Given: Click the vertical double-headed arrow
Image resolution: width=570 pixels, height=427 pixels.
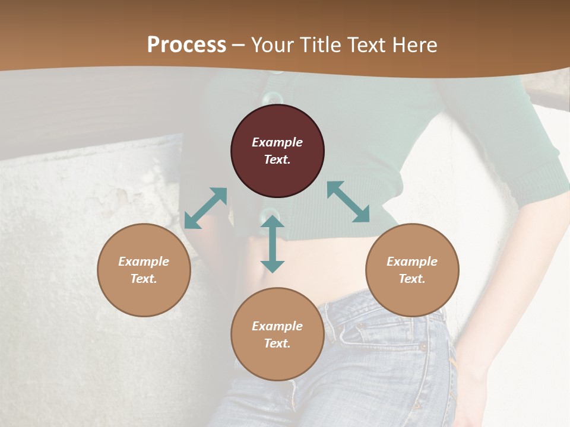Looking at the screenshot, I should click(x=273, y=244).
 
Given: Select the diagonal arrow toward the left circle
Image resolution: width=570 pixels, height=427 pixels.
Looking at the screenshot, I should click(x=205, y=208).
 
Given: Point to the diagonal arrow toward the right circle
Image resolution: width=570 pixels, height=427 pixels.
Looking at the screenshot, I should click(x=349, y=202).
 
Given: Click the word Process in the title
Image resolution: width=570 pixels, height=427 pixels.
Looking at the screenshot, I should click(x=186, y=44).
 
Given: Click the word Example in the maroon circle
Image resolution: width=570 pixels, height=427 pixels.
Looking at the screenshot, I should click(x=277, y=142).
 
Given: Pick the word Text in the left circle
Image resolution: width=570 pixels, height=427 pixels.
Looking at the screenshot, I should click(x=143, y=279).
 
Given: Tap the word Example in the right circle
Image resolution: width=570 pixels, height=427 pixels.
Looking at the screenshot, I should click(x=412, y=262).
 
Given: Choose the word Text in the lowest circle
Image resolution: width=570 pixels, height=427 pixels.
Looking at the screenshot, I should click(x=277, y=343).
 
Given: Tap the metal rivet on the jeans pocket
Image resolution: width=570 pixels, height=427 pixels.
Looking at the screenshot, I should click(x=423, y=346).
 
